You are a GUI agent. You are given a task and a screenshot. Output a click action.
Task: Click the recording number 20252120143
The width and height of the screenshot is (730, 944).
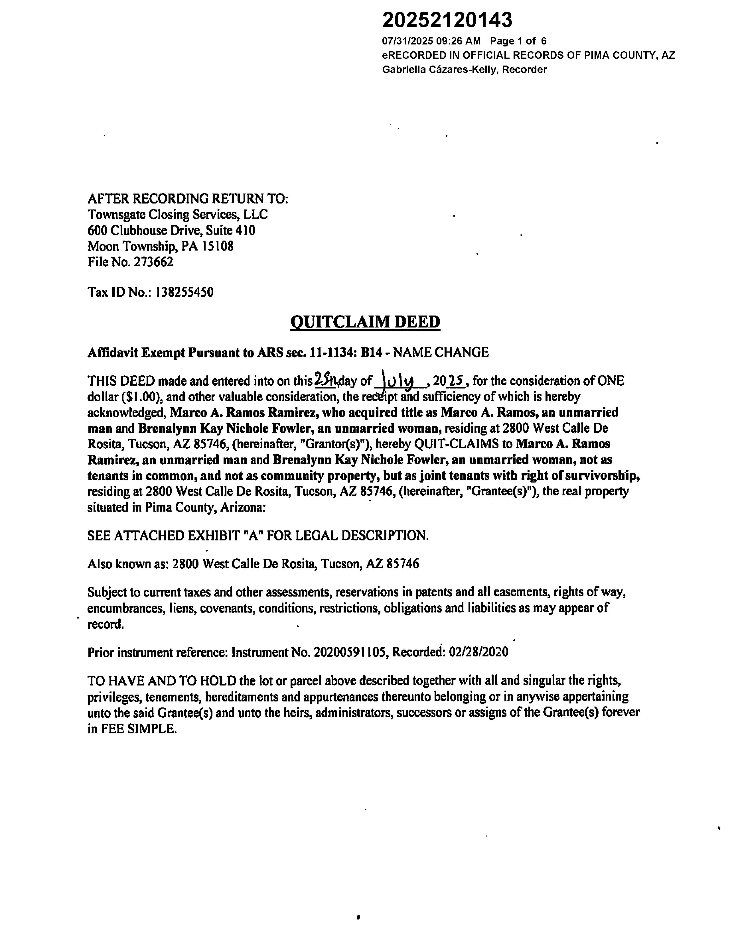(447, 20)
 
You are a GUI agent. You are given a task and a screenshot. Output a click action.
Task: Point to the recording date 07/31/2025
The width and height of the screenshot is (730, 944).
(407, 41)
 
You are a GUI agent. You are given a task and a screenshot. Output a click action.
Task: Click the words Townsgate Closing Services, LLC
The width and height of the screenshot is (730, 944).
(178, 214)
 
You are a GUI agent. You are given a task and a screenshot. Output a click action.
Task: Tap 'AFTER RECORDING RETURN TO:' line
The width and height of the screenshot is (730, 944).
(188, 199)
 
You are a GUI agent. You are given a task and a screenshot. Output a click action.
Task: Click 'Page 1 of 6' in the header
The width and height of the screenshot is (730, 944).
(518, 41)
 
